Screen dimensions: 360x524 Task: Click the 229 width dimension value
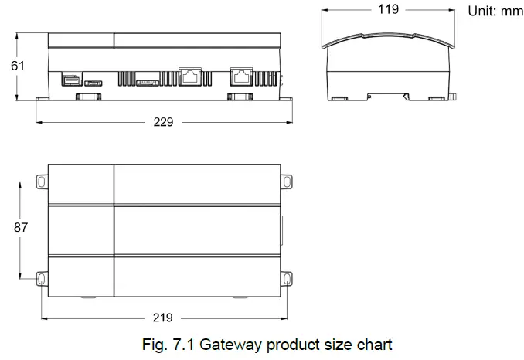(163, 122)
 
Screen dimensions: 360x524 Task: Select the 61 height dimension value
(17, 66)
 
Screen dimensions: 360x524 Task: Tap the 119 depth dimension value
(388, 10)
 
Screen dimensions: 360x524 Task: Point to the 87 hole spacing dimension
(20, 228)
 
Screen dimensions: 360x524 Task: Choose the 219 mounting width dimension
(163, 318)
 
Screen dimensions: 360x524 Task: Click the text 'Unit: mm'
(495, 12)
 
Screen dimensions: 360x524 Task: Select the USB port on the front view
(70, 79)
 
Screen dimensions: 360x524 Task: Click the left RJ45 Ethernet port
(189, 76)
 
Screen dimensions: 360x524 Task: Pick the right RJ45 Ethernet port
(240, 76)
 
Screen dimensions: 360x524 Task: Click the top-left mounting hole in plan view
(40, 182)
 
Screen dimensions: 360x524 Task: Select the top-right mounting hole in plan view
(287, 182)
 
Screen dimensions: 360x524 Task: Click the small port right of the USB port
(93, 80)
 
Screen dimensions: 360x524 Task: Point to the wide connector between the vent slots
(146, 80)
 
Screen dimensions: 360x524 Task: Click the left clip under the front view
(86, 97)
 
